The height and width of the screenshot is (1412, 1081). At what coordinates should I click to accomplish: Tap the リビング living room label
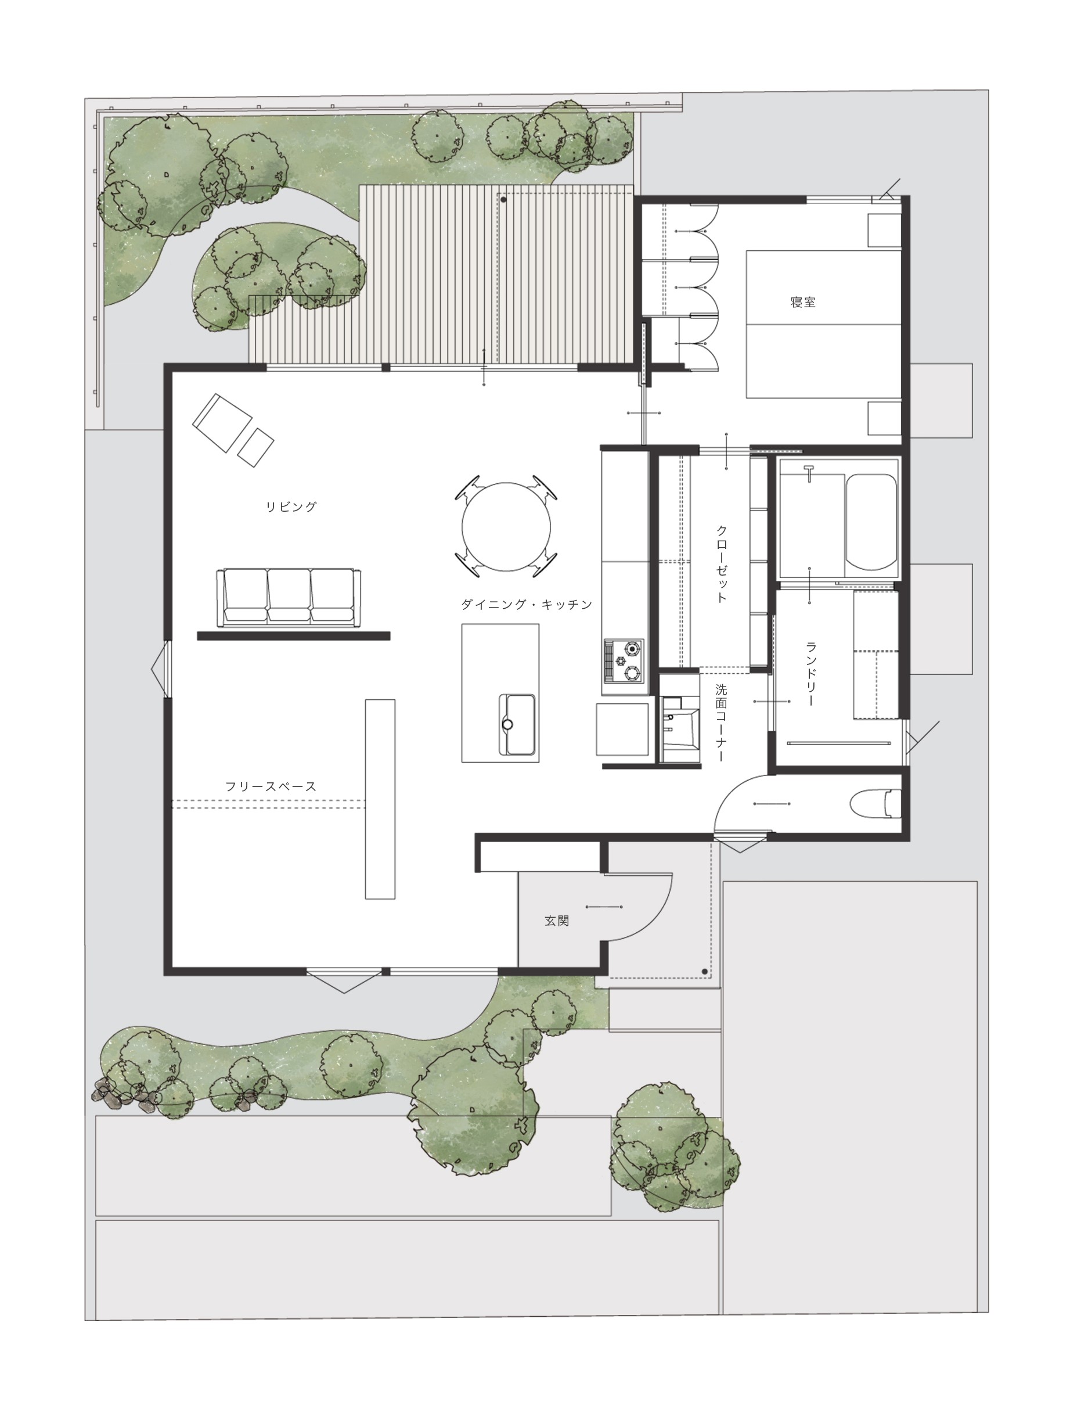[291, 506]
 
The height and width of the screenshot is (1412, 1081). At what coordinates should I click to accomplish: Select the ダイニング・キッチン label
[527, 604]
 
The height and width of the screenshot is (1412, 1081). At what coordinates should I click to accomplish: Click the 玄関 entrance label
[557, 921]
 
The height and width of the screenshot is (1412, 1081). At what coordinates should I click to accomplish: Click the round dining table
[506, 527]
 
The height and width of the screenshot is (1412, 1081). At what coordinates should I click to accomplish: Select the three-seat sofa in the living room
[287, 597]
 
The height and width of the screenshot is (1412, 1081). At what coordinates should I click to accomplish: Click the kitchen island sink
[518, 725]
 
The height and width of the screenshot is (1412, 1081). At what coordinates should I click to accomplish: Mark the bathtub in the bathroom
[871, 522]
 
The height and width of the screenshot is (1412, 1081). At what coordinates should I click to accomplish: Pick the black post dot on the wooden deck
[503, 200]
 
